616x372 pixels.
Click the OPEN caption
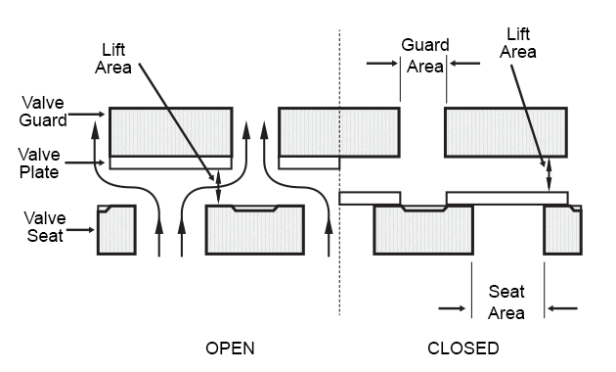point(230,349)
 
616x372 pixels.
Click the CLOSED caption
point(463,349)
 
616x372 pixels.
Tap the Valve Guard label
point(43,112)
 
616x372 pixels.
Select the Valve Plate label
point(39,163)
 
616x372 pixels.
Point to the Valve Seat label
point(44,227)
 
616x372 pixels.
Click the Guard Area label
point(425,56)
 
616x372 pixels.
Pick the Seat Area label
point(506,302)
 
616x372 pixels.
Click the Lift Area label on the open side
point(113,59)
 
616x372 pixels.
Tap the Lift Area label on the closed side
point(518,43)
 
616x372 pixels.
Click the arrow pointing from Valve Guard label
point(86,115)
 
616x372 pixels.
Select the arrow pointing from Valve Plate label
point(85,163)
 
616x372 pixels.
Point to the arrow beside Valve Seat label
point(80,230)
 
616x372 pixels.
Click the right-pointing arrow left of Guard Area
point(382,63)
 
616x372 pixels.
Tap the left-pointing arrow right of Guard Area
point(464,63)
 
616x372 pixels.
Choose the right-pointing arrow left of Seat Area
point(452,308)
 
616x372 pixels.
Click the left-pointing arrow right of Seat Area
point(562,308)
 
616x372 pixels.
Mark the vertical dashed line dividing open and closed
point(340,172)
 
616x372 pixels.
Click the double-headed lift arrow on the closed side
point(550,175)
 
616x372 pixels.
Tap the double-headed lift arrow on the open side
point(218,188)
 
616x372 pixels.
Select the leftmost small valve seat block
point(116,230)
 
